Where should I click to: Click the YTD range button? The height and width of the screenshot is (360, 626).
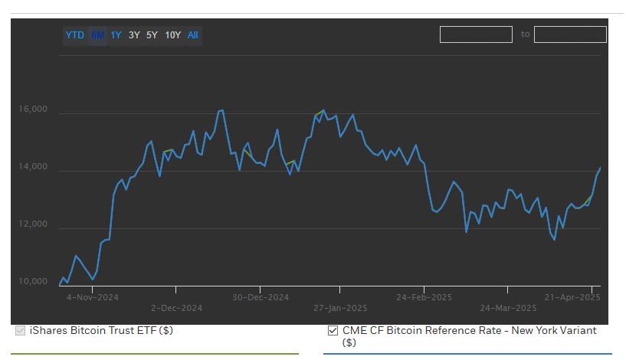[x=74, y=35]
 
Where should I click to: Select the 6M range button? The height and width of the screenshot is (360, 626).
[x=97, y=35]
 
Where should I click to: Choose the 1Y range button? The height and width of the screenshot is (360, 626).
[x=116, y=35]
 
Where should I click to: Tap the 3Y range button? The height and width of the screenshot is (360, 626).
[x=134, y=35]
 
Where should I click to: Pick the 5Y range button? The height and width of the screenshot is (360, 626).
[x=152, y=35]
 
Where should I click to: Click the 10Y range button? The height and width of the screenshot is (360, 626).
[x=172, y=35]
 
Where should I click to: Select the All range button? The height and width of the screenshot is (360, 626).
[x=193, y=35]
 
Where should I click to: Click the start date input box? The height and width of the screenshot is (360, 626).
[x=476, y=34]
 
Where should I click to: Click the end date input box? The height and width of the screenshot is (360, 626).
[x=570, y=34]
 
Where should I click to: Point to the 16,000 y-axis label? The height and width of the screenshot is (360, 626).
[x=33, y=110]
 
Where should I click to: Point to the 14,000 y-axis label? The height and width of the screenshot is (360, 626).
[x=33, y=167]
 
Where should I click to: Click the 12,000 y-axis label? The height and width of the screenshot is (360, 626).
[x=33, y=224]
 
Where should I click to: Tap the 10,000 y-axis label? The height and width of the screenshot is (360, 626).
[x=33, y=282]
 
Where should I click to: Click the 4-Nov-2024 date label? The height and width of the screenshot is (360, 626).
[x=90, y=297]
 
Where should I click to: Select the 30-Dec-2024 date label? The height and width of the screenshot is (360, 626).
[x=261, y=297]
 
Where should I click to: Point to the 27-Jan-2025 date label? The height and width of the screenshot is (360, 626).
[x=340, y=308]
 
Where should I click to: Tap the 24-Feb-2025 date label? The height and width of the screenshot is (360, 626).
[x=424, y=297]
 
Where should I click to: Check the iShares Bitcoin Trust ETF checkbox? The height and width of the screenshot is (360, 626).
[x=20, y=331]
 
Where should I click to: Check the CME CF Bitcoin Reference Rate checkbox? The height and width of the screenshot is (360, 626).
[x=333, y=331]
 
